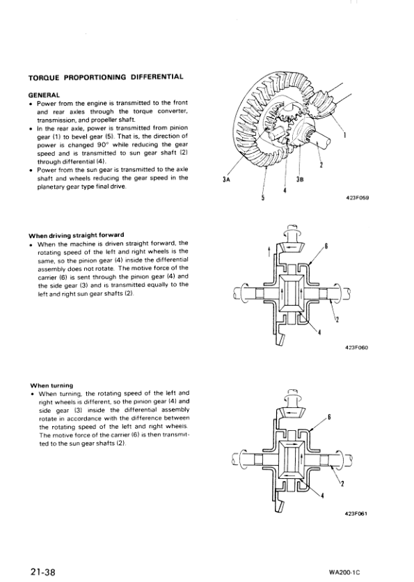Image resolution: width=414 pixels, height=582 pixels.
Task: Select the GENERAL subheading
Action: click(x=44, y=94)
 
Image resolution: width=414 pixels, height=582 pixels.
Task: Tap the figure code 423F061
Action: click(x=356, y=514)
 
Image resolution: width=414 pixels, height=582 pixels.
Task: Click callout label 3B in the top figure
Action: click(x=299, y=180)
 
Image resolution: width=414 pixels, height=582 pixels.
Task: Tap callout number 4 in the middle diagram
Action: click(x=319, y=332)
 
